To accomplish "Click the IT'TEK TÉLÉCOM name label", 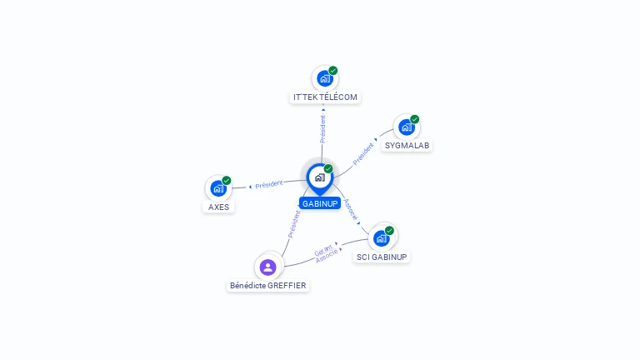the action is point(325,97).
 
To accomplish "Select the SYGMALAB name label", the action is point(407,145).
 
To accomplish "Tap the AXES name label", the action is point(218,207).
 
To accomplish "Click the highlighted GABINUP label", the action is point(320,203).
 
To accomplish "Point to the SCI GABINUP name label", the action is point(382,257).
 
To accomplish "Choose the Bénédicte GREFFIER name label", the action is point(267,285).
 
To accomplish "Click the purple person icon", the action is point(267,267).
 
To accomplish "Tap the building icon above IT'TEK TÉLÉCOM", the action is point(325,79).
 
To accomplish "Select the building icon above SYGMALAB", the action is point(407,127).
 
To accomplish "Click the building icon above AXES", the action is point(218,188).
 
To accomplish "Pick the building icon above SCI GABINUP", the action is point(381,238).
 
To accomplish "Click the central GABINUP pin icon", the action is point(320,179).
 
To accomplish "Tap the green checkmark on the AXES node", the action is point(227,180).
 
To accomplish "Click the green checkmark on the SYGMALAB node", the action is point(415,119).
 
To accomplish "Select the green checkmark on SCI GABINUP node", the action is point(389,231).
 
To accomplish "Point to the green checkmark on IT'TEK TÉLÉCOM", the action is point(333,71).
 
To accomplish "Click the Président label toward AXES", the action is point(268,184).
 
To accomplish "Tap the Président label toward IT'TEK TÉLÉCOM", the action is point(322,129).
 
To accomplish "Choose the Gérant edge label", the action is point(323,250).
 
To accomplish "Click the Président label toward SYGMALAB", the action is point(363,154).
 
